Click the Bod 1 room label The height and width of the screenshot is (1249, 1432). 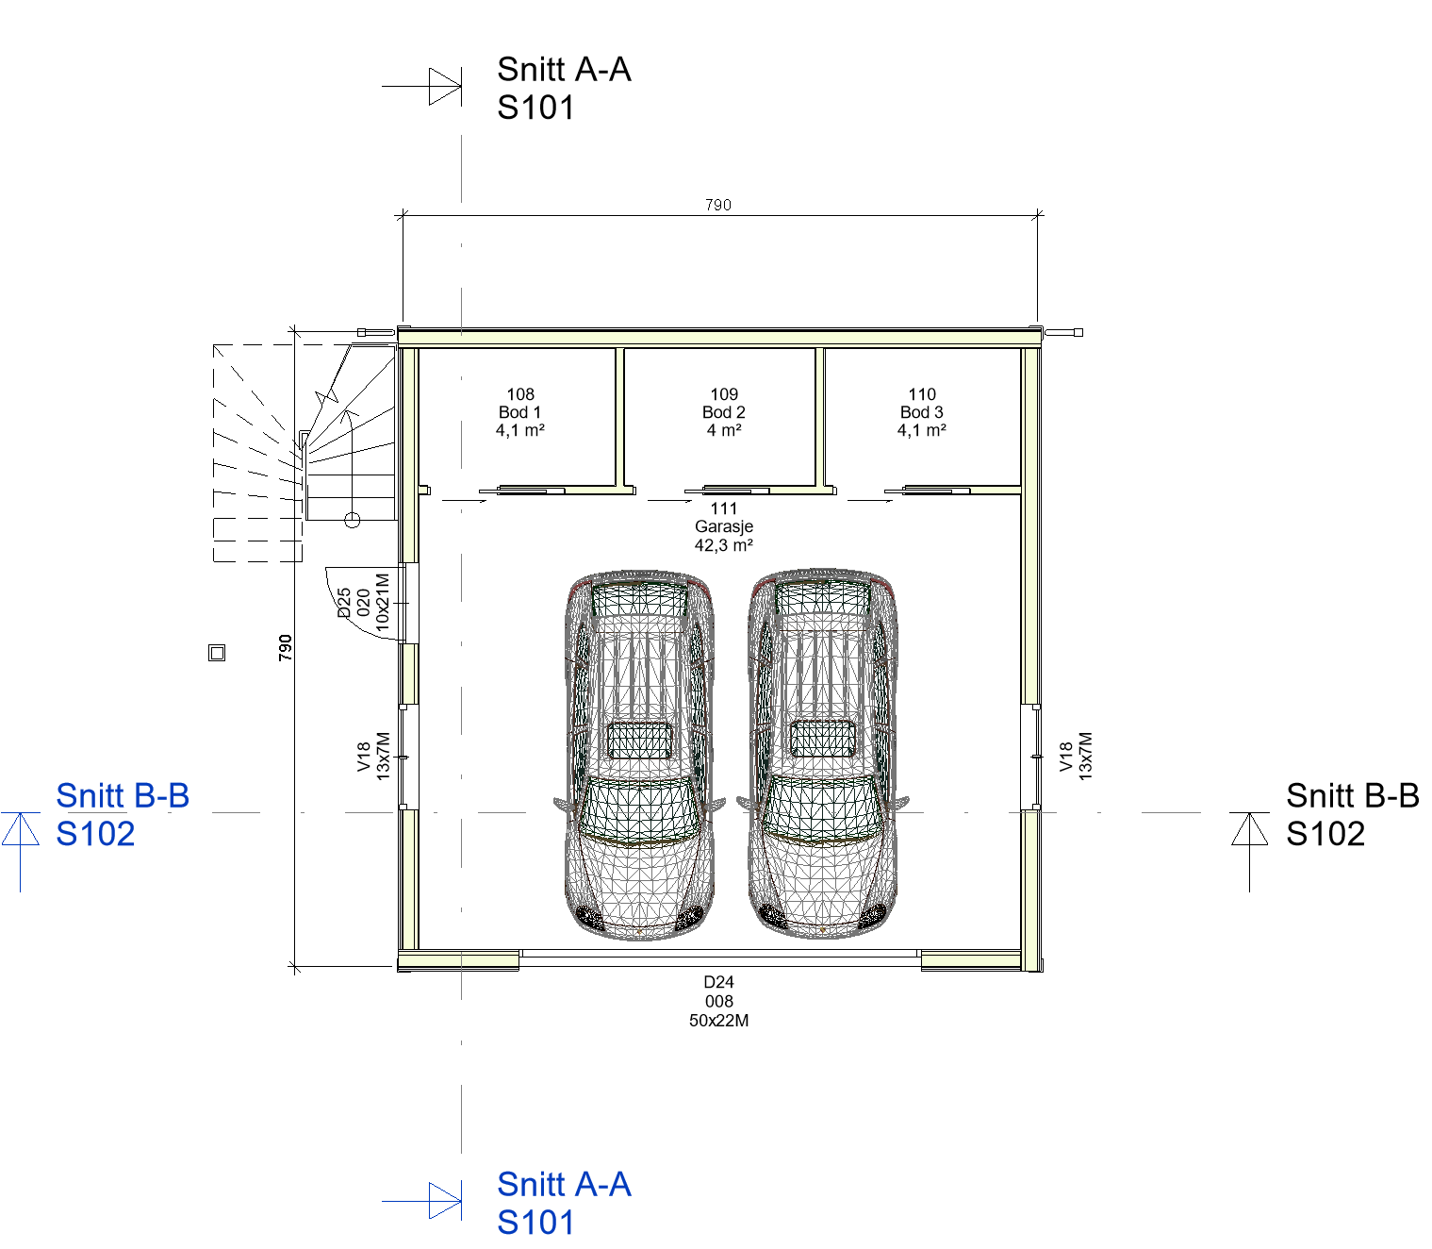pyautogui.click(x=520, y=412)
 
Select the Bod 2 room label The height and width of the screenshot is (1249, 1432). pyautogui.click(x=724, y=412)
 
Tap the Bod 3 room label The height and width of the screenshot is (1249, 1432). pyautogui.click(x=922, y=412)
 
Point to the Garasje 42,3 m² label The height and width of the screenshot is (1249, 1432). pyautogui.click(x=724, y=526)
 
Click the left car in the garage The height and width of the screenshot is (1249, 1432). pyautogui.click(x=640, y=755)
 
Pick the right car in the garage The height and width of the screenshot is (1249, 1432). pyautogui.click(x=823, y=754)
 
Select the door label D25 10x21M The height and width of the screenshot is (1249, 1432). pyautogui.click(x=363, y=603)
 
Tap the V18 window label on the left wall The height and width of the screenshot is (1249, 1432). pyautogui.click(x=373, y=757)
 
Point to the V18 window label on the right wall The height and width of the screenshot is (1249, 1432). pyautogui.click(x=1076, y=757)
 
